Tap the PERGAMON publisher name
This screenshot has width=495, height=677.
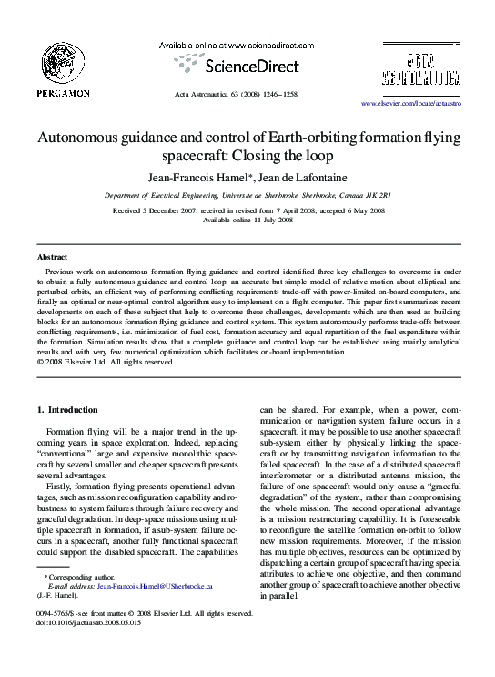click(63, 93)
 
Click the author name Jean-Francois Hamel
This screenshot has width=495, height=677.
click(206, 176)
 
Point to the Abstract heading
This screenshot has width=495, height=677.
click(52, 259)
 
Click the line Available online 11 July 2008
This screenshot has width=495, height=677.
click(247, 220)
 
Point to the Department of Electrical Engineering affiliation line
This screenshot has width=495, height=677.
click(247, 195)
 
